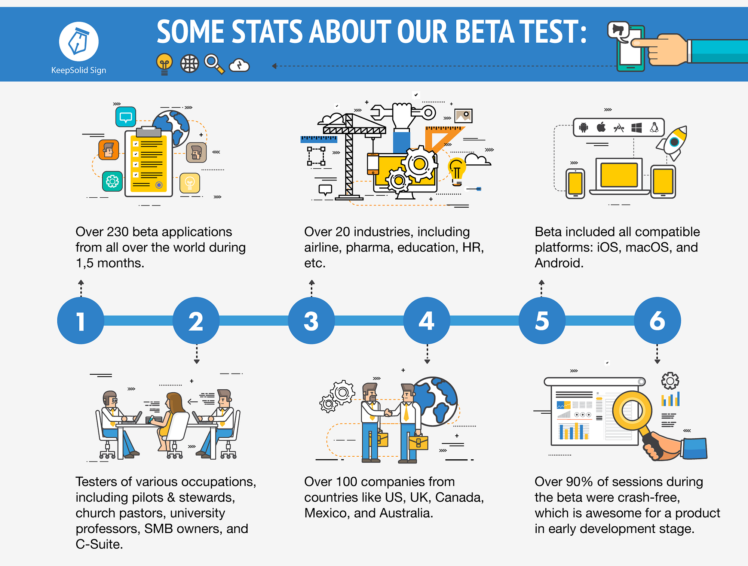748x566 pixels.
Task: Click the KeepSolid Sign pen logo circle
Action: coord(79,42)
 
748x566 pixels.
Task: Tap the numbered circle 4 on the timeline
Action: coord(426,320)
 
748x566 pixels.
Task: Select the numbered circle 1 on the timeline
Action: coord(81,320)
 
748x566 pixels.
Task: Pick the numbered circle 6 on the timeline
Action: coord(657,320)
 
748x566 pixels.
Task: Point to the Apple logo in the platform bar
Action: coord(601,127)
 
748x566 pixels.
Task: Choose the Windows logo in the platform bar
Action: coord(637,128)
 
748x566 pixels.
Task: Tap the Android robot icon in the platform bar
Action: coord(583,128)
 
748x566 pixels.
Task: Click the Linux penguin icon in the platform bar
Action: coord(654,127)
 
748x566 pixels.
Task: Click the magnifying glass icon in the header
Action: coord(214,64)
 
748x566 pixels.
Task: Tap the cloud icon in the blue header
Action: coord(239,65)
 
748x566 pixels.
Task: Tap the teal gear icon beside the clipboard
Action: coord(112,182)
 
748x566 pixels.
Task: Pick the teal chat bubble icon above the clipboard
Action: coord(126,117)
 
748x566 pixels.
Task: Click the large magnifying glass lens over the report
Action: coord(632,411)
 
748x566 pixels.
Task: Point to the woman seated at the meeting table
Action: coord(173,416)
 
